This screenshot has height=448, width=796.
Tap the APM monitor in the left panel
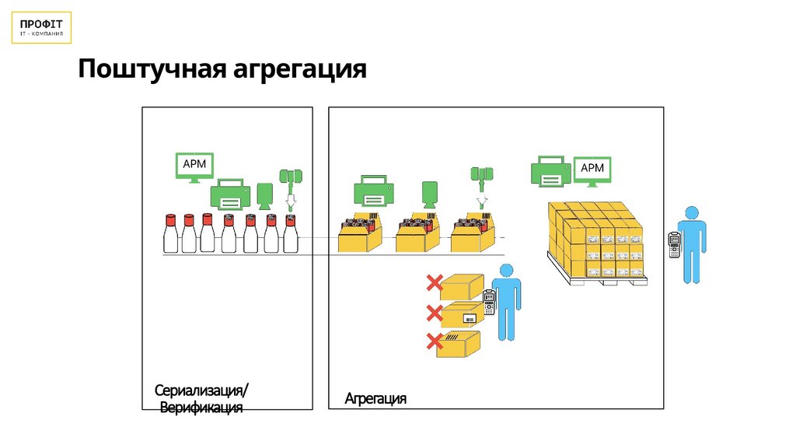click(x=194, y=166)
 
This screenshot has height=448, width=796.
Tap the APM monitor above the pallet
click(x=592, y=170)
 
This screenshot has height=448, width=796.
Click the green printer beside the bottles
click(x=230, y=194)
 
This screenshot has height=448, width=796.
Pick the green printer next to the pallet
click(x=550, y=170)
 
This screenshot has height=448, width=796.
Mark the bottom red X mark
click(x=434, y=341)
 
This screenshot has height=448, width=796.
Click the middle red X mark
click(x=434, y=313)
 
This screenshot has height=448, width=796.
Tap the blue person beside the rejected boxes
click(x=507, y=300)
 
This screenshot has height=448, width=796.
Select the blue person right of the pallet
click(x=690, y=244)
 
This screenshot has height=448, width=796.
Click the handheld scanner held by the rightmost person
click(x=673, y=244)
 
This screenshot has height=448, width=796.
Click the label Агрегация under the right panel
click(x=375, y=399)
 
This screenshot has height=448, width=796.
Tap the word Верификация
click(x=201, y=408)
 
